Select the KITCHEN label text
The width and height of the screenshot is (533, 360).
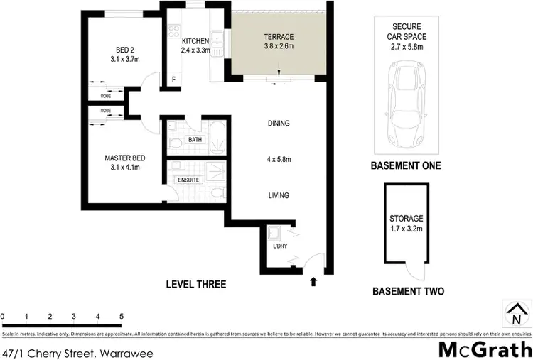(x=195, y=41)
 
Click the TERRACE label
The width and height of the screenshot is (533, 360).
(x=279, y=37)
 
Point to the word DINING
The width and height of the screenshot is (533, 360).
(x=278, y=124)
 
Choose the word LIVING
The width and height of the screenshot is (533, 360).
(x=278, y=196)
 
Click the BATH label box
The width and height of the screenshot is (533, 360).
(x=195, y=140)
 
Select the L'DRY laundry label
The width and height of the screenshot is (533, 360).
(x=279, y=246)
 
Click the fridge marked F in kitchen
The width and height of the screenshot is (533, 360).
(x=173, y=80)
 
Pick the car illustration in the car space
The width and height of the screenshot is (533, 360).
(x=406, y=101)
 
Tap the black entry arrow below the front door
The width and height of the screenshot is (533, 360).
(x=313, y=282)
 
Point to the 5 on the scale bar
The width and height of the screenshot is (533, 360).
(x=122, y=315)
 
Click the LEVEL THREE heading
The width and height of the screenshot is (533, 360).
(x=195, y=285)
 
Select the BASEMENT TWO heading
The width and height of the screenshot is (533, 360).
(x=409, y=291)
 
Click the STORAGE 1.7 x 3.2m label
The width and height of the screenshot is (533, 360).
(x=406, y=224)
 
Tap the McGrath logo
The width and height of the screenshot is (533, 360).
(x=484, y=349)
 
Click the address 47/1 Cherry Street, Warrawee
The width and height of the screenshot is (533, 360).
(x=68, y=352)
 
